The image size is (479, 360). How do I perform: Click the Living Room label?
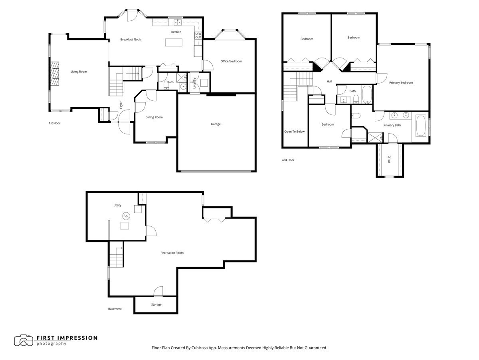(79, 72)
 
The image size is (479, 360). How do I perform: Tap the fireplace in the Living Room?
(54, 74)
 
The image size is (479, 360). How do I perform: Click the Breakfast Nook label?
(131, 39)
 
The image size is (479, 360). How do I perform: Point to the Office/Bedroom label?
(231, 61)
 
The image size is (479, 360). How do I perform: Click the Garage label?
(216, 124)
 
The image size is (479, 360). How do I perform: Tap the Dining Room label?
(154, 117)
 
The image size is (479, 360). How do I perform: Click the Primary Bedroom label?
(401, 82)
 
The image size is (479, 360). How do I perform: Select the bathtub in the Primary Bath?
(421, 126)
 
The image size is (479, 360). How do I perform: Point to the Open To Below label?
(294, 131)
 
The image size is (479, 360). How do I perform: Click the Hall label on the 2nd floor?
(329, 82)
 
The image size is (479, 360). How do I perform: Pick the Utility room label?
(117, 205)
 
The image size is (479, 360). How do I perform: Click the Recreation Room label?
(172, 252)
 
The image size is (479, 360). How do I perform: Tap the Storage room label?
(156, 304)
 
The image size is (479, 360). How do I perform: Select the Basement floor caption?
(115, 309)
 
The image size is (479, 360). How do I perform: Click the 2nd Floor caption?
(287, 160)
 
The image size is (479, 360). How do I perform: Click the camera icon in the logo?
(24, 340)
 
